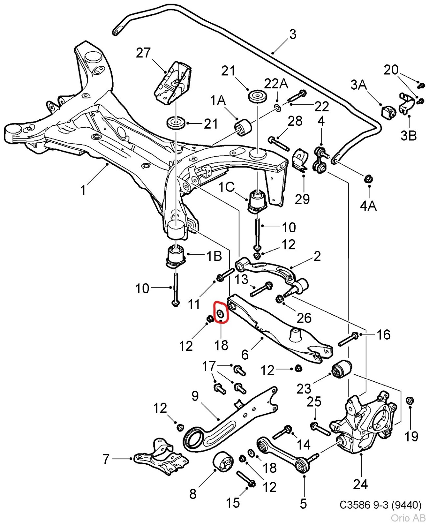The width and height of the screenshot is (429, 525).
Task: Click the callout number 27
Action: (143, 53)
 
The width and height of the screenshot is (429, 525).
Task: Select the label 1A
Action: (218, 100)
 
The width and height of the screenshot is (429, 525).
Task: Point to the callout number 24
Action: (360, 484)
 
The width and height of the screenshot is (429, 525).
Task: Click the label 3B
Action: (408, 135)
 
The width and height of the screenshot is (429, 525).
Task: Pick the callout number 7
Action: (106, 459)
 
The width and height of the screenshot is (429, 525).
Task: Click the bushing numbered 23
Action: (341, 369)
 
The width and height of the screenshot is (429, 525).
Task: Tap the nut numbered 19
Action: (410, 401)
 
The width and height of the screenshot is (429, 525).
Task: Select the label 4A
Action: (368, 206)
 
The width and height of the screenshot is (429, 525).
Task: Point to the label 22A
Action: (276, 84)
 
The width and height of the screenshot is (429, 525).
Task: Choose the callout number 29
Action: (302, 199)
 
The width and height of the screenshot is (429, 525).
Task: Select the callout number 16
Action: (383, 335)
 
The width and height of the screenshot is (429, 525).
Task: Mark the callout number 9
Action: (195, 396)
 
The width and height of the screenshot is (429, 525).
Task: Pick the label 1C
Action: (227, 187)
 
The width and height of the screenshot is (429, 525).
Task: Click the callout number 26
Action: (304, 318)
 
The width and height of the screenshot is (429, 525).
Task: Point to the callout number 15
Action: (233, 503)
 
